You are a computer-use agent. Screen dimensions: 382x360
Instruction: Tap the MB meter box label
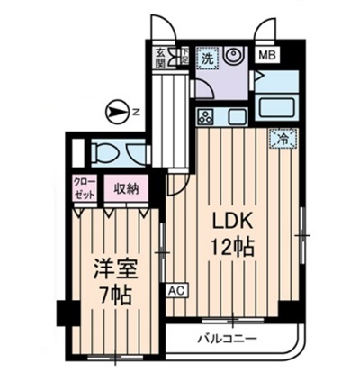(x=267, y=55)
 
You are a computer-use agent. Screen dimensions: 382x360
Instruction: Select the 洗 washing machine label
(x=207, y=58)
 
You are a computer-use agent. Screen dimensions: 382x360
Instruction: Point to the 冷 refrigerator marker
(x=283, y=139)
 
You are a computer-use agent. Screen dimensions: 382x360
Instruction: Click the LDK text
(x=229, y=222)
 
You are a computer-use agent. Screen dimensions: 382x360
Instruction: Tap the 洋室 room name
(x=112, y=268)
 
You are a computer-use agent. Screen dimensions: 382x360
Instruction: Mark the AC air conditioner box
(x=175, y=291)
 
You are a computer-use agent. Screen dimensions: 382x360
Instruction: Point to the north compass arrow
(x=116, y=111)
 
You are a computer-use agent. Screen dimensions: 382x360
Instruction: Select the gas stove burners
(x=206, y=116)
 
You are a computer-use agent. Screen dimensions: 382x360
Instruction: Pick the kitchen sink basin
(x=237, y=116)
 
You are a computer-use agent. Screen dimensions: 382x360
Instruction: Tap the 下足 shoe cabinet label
(x=180, y=57)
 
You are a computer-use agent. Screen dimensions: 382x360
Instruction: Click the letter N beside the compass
(x=136, y=112)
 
